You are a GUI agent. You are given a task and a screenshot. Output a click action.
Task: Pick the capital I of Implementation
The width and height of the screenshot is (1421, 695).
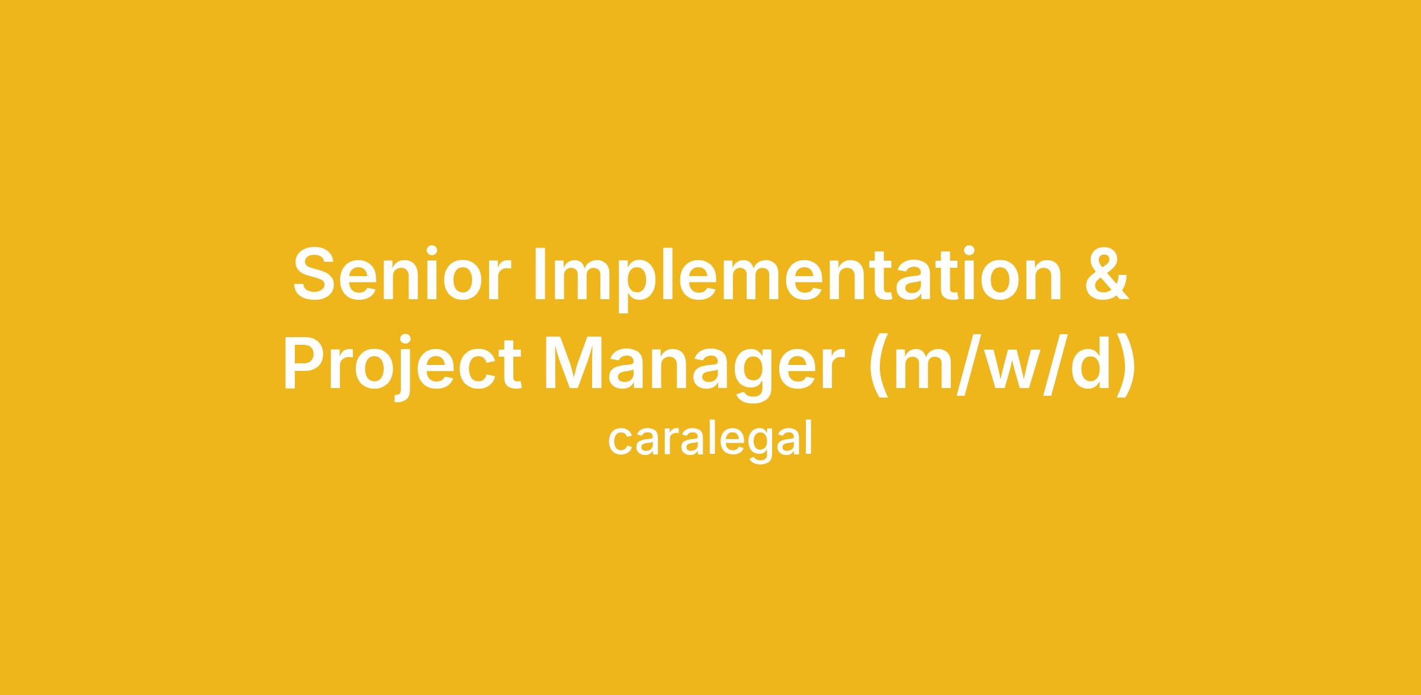(x=540, y=274)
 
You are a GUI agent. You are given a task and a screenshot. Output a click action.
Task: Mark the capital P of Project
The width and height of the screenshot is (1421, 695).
(x=306, y=361)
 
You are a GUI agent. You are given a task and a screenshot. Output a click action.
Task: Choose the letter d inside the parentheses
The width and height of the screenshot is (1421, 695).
(x=1088, y=362)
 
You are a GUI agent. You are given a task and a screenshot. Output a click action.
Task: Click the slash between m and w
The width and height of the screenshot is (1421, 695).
(x=967, y=364)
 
